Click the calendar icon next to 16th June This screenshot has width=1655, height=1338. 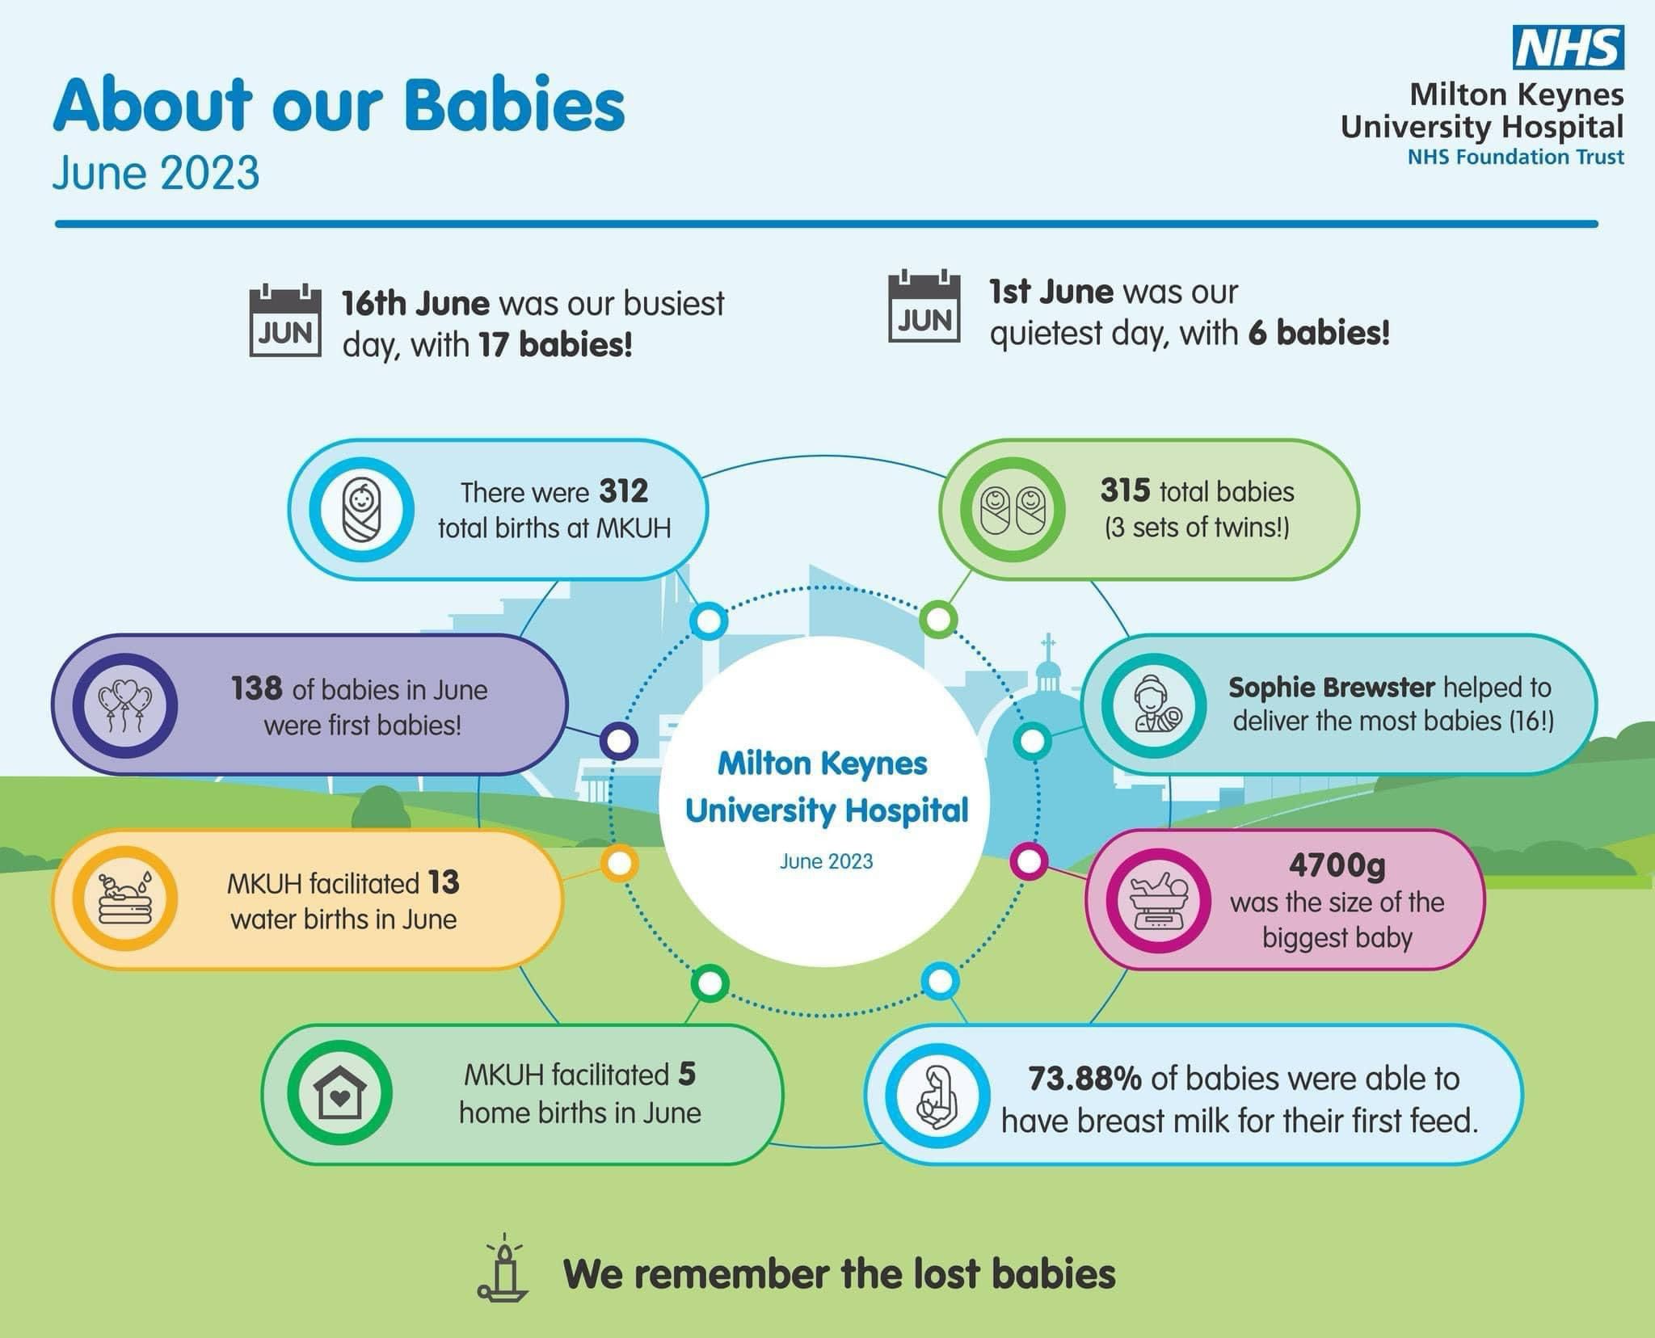point(285,321)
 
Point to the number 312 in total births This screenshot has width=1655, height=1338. point(624,491)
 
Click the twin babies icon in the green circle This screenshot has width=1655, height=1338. point(1013,510)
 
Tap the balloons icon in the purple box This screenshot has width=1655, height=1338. point(124,705)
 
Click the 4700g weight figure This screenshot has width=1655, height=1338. point(1337,865)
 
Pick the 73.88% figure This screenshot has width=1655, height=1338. point(1084,1079)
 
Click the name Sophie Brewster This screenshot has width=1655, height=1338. point(1331,688)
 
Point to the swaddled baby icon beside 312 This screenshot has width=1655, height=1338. point(362,510)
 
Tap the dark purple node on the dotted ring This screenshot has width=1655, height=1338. point(619,741)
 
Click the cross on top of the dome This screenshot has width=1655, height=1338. point(1048,647)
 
